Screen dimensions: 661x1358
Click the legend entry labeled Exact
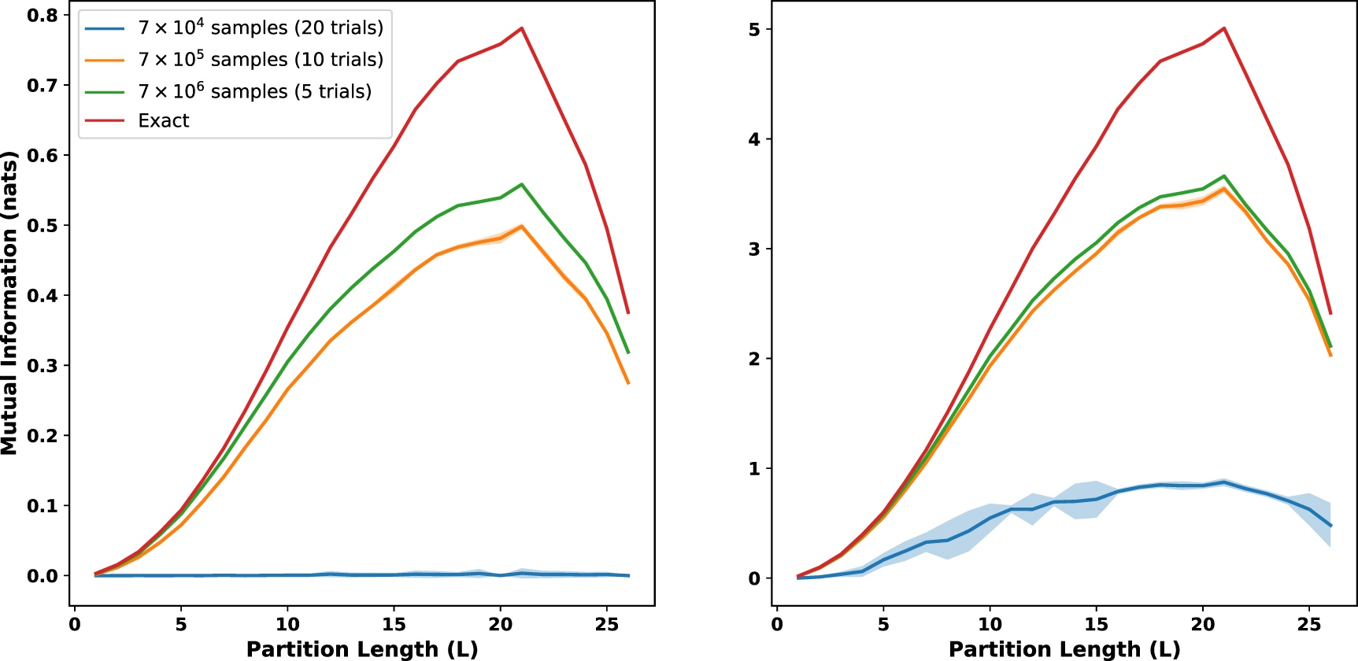(x=164, y=120)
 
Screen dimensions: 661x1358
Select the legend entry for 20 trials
(x=260, y=28)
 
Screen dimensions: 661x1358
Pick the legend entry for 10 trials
(x=260, y=60)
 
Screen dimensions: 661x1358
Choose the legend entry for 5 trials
(x=254, y=91)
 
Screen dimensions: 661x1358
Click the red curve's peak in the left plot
(x=521, y=28)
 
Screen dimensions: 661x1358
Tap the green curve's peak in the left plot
(x=521, y=184)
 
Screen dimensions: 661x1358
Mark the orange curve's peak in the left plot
(x=521, y=226)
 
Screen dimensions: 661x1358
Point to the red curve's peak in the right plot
(x=1224, y=28)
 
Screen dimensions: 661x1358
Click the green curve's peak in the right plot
(x=1224, y=176)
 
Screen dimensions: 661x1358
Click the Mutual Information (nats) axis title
(x=9, y=303)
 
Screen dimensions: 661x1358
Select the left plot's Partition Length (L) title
(x=362, y=649)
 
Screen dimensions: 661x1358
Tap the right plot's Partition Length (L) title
(x=1064, y=649)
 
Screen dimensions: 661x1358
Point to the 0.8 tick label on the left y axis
(x=43, y=16)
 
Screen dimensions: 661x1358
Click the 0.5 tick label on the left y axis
(x=43, y=226)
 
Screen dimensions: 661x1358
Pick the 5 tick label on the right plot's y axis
(x=754, y=30)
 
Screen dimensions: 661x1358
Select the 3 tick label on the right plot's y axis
(x=754, y=249)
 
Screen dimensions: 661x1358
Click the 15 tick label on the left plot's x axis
(x=394, y=625)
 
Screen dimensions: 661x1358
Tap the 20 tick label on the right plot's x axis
(x=1202, y=625)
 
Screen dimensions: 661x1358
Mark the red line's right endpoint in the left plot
(x=628, y=313)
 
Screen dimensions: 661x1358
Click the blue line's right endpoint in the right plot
(x=1330, y=526)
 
